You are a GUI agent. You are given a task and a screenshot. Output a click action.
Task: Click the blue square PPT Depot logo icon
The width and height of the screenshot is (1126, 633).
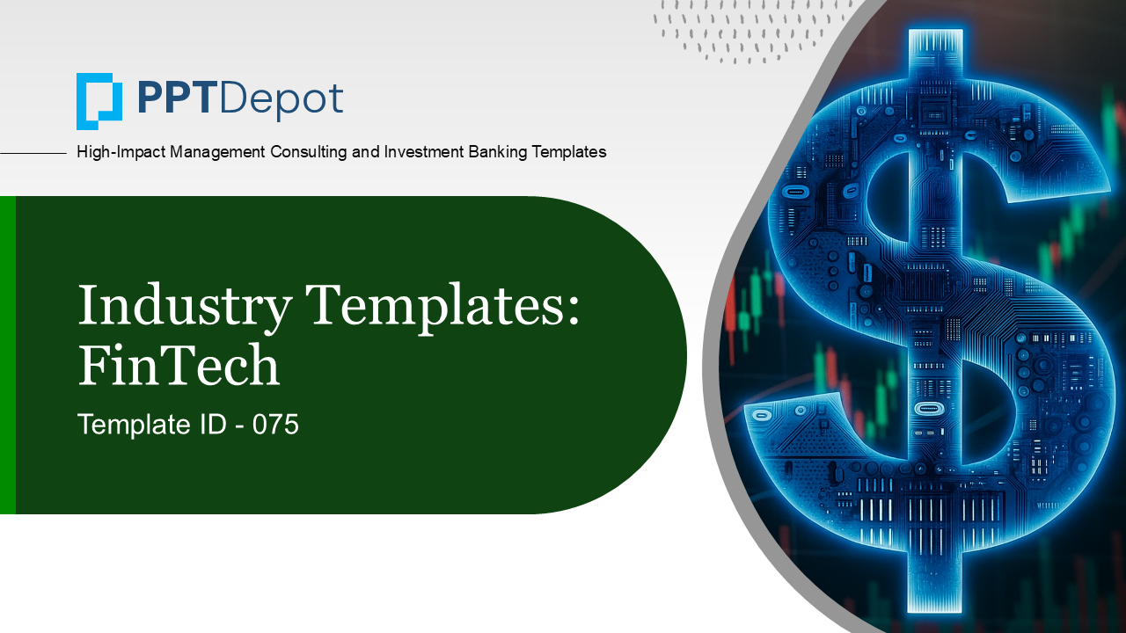pos(99,101)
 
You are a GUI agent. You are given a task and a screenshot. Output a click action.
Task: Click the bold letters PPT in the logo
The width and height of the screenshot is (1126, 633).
pos(174,98)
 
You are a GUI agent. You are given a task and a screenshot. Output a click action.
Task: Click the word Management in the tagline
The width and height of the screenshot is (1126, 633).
pos(217,152)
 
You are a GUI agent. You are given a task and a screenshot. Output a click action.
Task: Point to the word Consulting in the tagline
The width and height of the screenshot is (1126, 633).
pos(309,152)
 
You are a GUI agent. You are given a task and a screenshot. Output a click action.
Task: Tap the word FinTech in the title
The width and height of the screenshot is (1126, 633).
pos(179,365)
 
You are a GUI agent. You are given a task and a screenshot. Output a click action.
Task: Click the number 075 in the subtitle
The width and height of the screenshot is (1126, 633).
pos(275,425)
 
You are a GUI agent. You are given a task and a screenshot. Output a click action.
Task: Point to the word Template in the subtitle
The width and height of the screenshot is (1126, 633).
pos(135,426)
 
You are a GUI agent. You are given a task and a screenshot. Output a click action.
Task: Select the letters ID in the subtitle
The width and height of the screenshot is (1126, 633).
pos(213,425)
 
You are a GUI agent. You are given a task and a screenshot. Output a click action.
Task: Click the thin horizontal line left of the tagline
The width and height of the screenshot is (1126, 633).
pos(33,153)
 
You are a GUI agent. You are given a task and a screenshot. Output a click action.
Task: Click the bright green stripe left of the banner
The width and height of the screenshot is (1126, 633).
pos(8,354)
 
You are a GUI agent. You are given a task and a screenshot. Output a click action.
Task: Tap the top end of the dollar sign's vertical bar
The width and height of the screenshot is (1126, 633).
pos(935,31)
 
